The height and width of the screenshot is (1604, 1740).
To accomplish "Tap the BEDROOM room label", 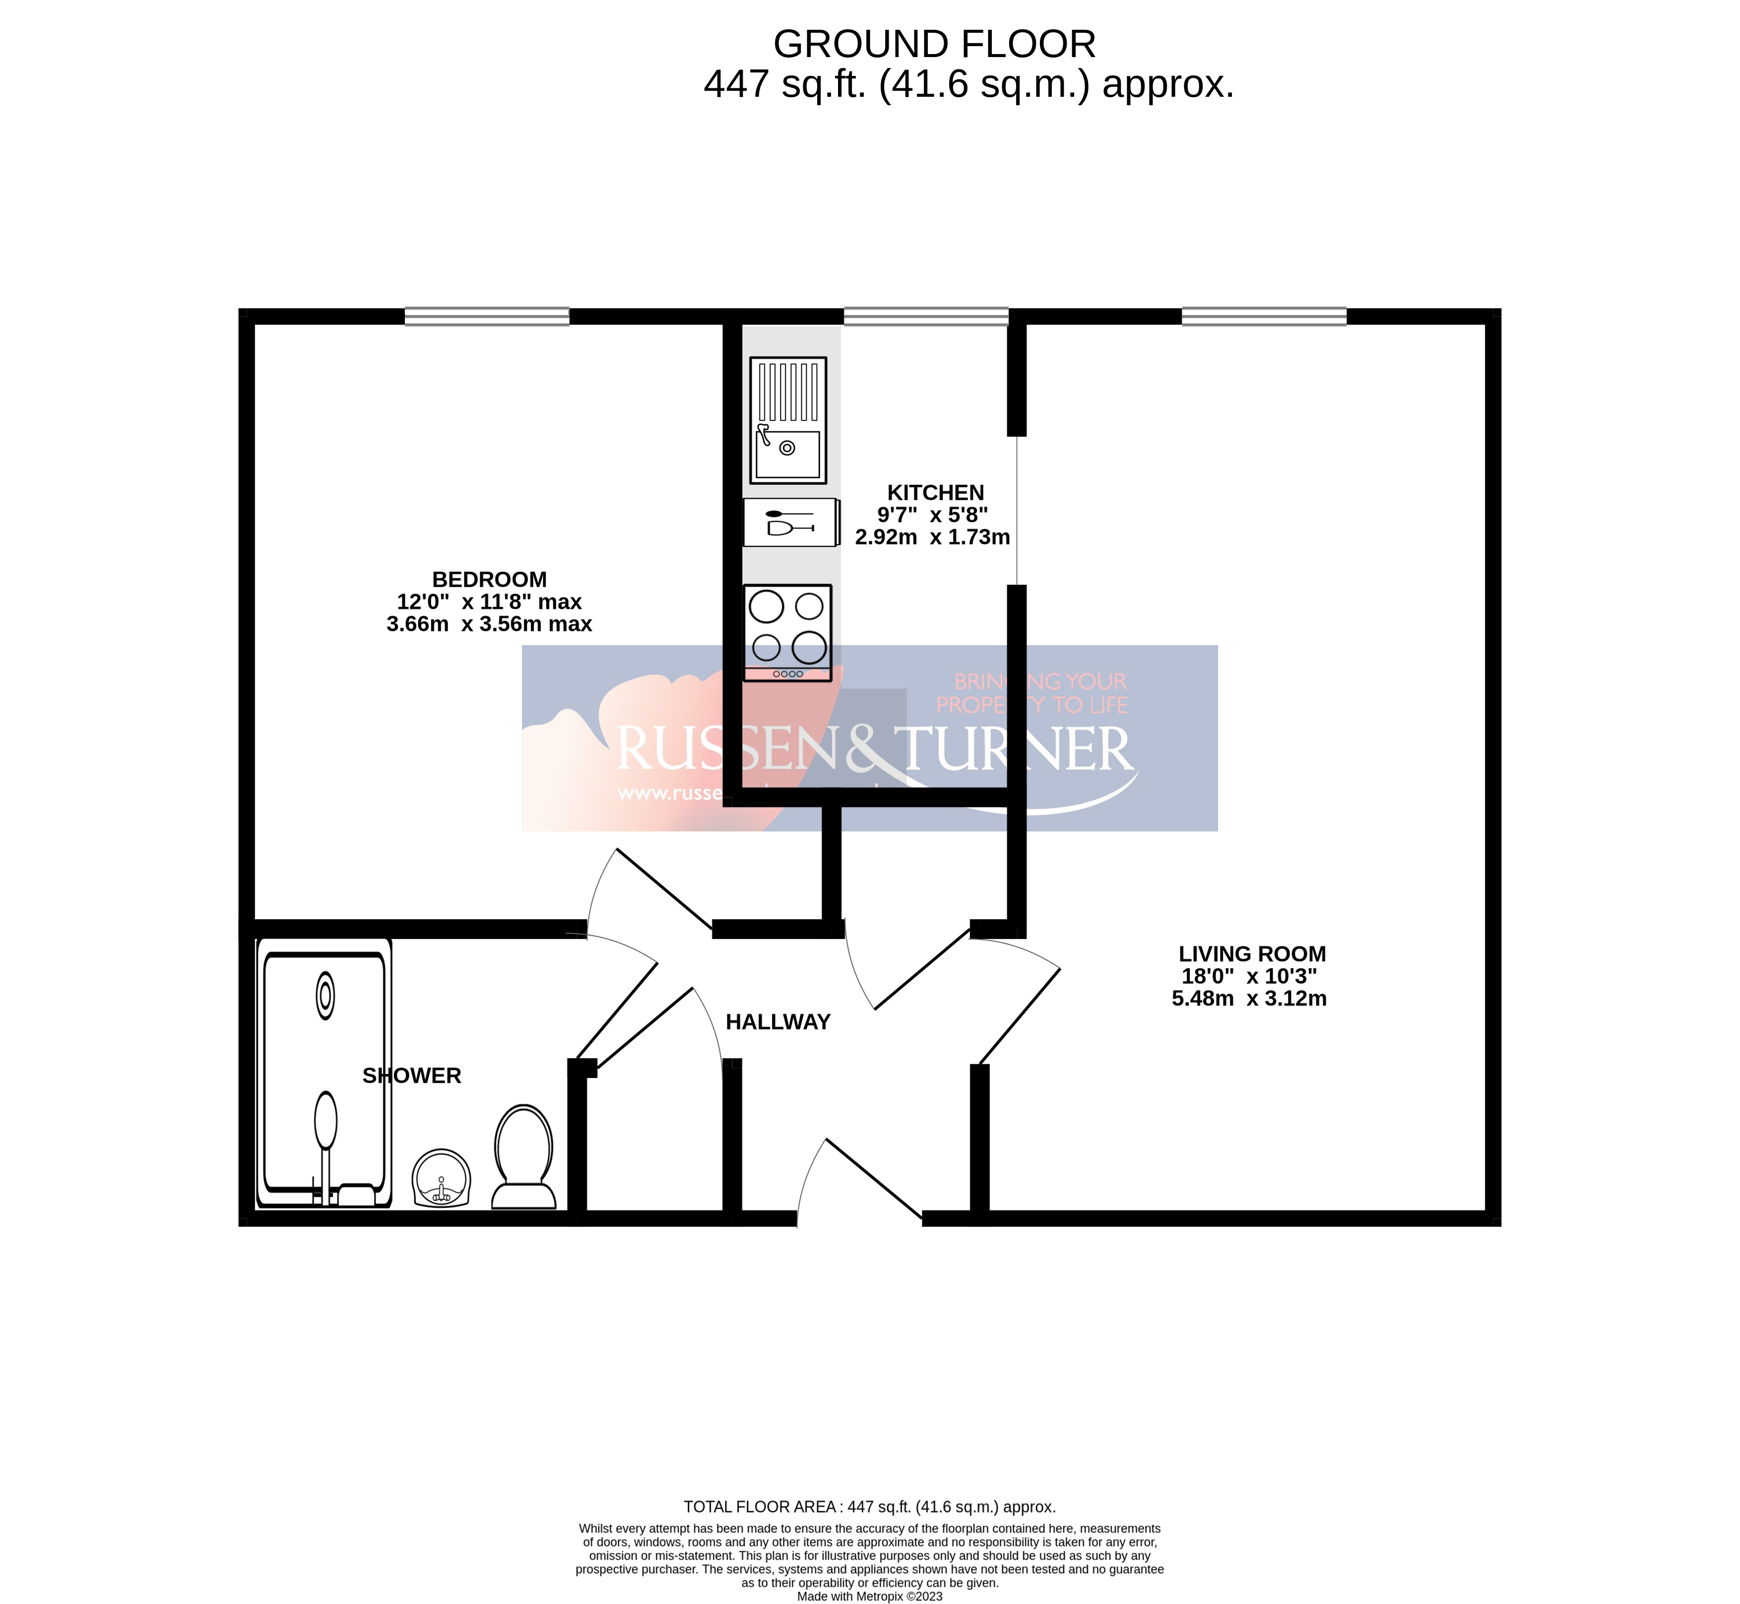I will (x=490, y=580).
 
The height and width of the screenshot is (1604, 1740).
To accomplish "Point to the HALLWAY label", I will (x=777, y=1022).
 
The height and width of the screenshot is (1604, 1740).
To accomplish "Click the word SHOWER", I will (x=411, y=1076).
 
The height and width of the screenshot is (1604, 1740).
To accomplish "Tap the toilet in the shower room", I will (x=523, y=1157).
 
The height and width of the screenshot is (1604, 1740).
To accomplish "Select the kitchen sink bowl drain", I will (x=787, y=448).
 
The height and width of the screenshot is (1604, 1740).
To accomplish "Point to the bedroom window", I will (x=487, y=317).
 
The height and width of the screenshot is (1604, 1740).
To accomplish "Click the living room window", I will (x=1264, y=317).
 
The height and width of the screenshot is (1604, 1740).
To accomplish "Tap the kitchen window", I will (x=926, y=317).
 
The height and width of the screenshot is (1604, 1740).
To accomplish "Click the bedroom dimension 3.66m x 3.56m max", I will (x=490, y=624).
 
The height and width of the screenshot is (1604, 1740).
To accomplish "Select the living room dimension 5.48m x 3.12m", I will (x=1249, y=999).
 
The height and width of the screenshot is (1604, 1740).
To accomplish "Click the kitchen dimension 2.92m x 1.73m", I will (x=932, y=538).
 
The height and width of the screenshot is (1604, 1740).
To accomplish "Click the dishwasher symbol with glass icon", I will (x=790, y=523).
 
